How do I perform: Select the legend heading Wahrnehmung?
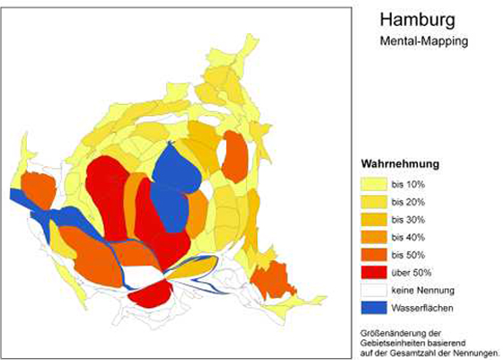pyautogui.click(x=398, y=165)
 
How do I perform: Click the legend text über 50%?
pyautogui.click(x=411, y=272)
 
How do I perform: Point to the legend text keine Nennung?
pyautogui.click(x=422, y=289)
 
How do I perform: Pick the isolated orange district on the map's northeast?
pyautogui.click(x=235, y=154)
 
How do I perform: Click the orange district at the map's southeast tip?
pyautogui.click(x=270, y=281)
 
